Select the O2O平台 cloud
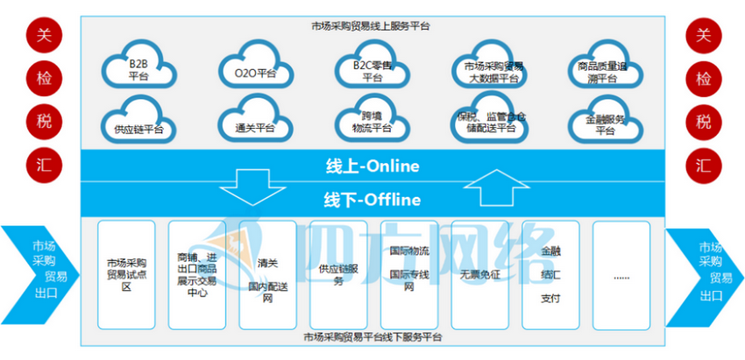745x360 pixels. click(254, 70)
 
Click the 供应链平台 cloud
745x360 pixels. click(138, 124)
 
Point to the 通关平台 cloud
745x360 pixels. click(254, 124)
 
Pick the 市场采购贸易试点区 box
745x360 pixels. click(126, 273)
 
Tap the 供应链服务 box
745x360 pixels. click(338, 273)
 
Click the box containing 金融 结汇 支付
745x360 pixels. click(550, 273)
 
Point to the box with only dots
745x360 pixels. click(621, 273)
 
